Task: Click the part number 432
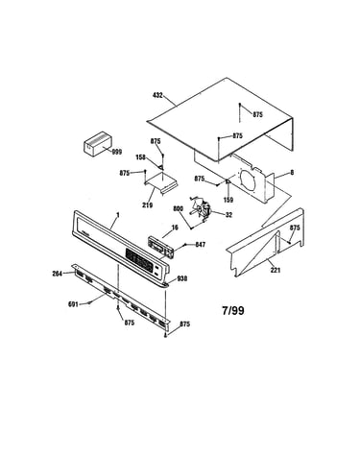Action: pyautogui.click(x=158, y=95)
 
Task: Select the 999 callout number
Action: pyautogui.click(x=117, y=152)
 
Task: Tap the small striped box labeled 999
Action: pyautogui.click(x=98, y=144)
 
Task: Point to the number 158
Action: pyautogui.click(x=140, y=157)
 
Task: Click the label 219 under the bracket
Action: pyautogui.click(x=148, y=205)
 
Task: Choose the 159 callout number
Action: pyautogui.click(x=228, y=200)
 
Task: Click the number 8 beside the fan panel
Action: pyautogui.click(x=292, y=173)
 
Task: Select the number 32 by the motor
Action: pyautogui.click(x=228, y=215)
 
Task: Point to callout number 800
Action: pyautogui.click(x=178, y=208)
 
